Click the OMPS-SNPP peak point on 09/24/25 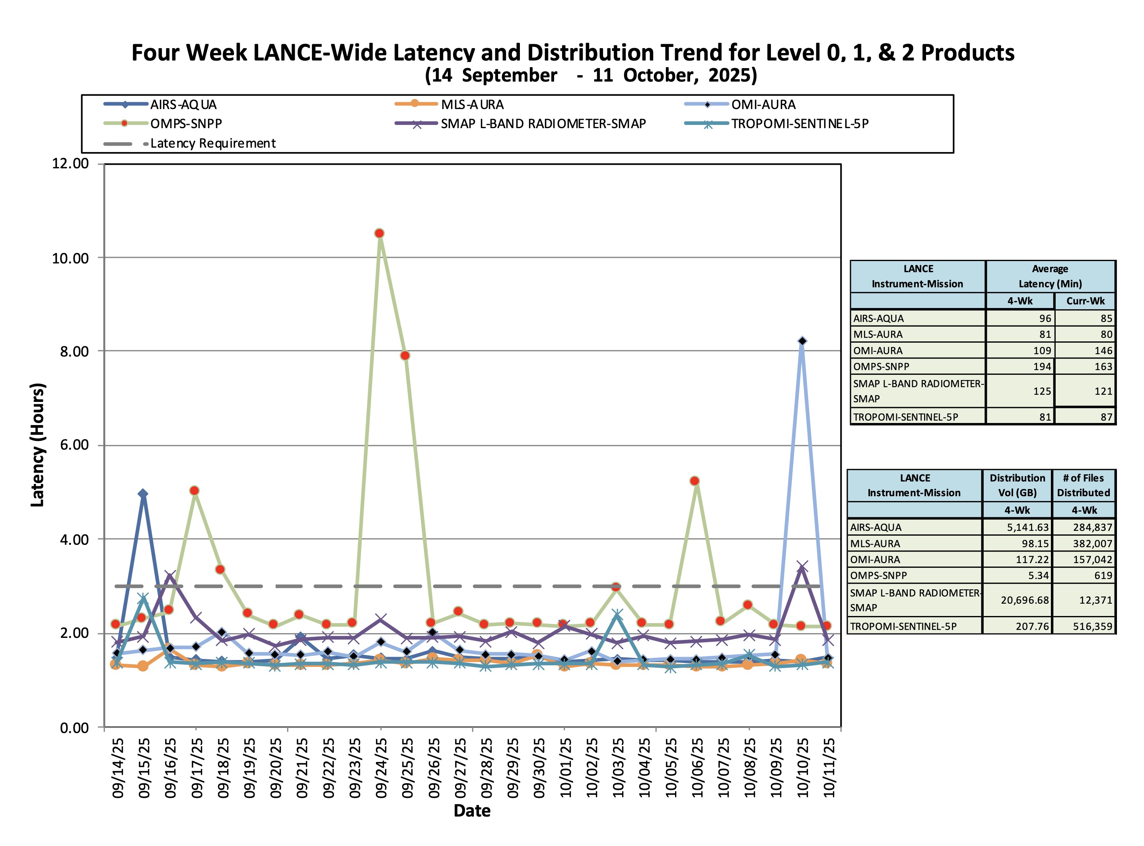point(379,234)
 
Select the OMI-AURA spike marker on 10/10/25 point(802,341)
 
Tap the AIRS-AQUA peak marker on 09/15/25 point(143,494)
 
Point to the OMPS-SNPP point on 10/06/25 point(695,481)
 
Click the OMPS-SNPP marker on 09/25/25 point(405,355)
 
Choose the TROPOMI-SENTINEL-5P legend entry point(776,124)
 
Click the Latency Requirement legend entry point(189,143)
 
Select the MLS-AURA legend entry point(449,105)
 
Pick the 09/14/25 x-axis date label point(118,767)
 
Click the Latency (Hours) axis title point(38,445)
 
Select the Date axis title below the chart point(472,811)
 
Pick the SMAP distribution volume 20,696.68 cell point(1025,600)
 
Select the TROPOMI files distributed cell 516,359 point(1092,626)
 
